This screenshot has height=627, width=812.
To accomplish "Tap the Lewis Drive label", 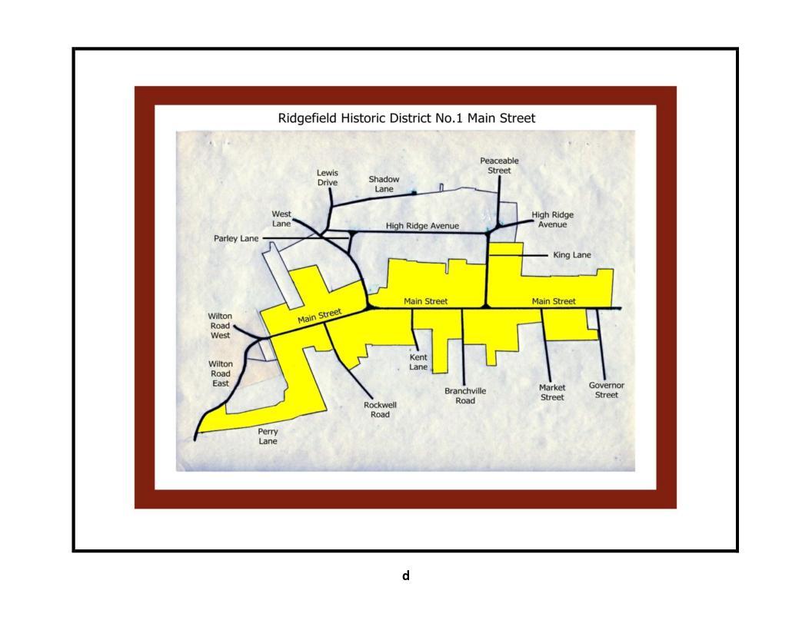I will pos(328,178).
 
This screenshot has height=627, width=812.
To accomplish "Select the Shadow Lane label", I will pos(384,184).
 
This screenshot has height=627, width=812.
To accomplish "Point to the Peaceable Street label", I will pos(499,165).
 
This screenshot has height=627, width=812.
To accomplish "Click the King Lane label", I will pos(572,254).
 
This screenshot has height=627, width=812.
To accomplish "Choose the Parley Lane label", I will pos(236,238).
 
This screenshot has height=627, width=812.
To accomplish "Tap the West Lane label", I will pos(281,218).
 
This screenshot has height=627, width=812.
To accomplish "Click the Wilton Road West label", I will pos(221,326).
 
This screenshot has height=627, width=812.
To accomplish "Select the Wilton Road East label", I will pos(221,373).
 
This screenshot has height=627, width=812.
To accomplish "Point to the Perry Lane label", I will pos(268,436).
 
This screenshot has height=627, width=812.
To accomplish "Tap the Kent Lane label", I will pos(418,363).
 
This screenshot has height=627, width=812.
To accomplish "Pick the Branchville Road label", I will pos(465,396).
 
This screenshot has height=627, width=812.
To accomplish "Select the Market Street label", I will pos(552,393).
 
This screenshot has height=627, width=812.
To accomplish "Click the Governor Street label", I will pos(607,390).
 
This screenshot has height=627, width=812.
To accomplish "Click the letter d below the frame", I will pos(406,576).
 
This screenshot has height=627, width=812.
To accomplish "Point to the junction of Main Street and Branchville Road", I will pos(462,308).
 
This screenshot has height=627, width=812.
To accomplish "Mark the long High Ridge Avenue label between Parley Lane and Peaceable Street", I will pos(422,226).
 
